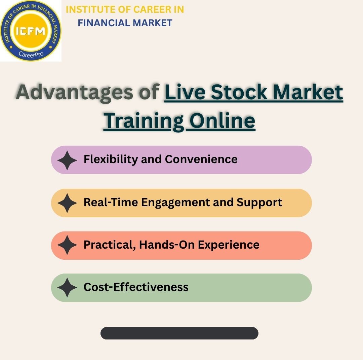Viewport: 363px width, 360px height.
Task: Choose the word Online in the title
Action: coord(222,120)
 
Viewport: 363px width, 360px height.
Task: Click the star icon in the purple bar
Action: coord(67,160)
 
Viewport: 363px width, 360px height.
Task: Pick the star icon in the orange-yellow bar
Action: coord(67,203)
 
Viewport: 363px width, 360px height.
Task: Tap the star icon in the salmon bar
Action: coord(67,245)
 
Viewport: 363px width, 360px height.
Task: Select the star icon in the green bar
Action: coord(67,287)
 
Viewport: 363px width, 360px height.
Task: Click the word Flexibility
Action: coord(111,159)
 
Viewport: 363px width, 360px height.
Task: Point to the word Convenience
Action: coord(201,159)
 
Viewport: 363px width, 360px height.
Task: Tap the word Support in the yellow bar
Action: coord(259,202)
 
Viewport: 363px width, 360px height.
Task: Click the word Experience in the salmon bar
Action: coord(229,245)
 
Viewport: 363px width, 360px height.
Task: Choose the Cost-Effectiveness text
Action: coord(136,287)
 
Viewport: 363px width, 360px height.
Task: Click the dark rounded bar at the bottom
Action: coord(179,333)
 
